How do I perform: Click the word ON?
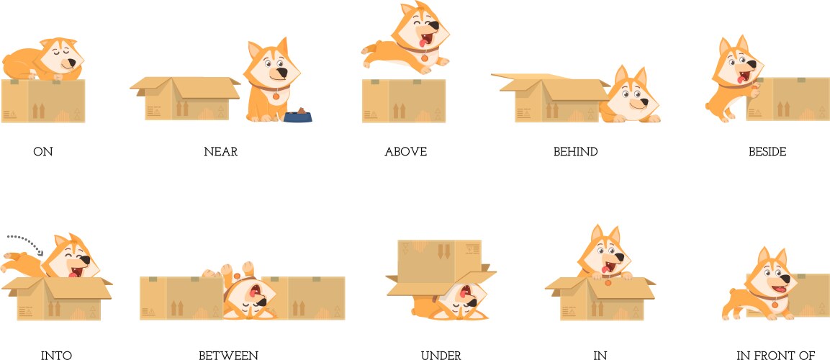pos(43,152)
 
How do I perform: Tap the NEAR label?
pos(220,152)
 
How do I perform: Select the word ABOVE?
pos(405,152)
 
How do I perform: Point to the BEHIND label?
pos(575,152)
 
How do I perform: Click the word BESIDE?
pos(767,152)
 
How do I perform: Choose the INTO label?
pos(56,355)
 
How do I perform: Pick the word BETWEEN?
pos(228,355)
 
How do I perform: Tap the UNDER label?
pos(441,355)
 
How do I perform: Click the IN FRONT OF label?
pos(776,355)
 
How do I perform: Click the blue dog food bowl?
pos(298,116)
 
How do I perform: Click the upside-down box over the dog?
pos(439,266)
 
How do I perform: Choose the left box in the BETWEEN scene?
pos(181,297)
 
